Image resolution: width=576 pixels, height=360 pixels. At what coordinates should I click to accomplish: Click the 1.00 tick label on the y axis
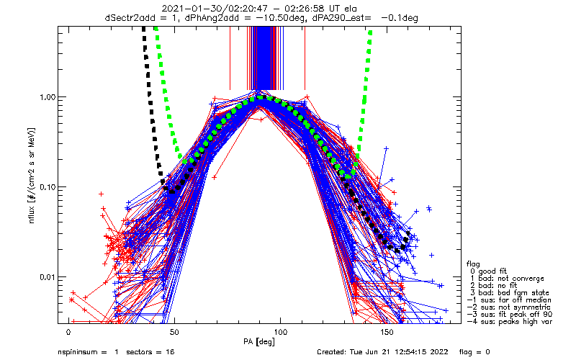pyautogui.click(x=48, y=97)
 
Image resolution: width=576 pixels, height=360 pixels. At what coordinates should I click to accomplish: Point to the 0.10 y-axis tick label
pyautogui.click(x=48, y=187)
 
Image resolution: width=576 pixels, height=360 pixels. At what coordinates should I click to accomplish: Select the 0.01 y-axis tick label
pyautogui.click(x=48, y=277)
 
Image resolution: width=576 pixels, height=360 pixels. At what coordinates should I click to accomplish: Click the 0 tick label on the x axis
pyautogui.click(x=68, y=332)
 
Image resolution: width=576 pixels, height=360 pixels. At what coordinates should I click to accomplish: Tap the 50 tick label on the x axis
pyautogui.click(x=174, y=332)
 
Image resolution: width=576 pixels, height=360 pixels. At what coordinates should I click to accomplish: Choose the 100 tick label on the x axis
pyautogui.click(x=280, y=332)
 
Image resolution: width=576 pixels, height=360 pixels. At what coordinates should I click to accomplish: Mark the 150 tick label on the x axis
pyautogui.click(x=387, y=332)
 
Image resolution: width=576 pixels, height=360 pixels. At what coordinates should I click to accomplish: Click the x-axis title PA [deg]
pyautogui.click(x=259, y=342)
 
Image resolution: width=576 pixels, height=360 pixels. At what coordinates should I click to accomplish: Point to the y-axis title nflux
pyautogui.click(x=32, y=214)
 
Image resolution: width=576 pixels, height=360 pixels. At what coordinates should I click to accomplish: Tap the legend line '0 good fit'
pyautogui.click(x=488, y=271)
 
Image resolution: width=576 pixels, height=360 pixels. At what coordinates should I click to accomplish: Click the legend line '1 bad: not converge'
pyautogui.click(x=506, y=279)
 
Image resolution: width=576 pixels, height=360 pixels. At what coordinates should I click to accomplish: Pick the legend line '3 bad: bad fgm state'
pyautogui.click(x=509, y=293)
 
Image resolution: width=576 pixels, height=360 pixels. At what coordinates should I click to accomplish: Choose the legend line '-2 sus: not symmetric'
pyautogui.click(x=509, y=307)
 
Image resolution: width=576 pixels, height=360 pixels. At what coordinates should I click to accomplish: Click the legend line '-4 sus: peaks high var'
pyautogui.click(x=509, y=321)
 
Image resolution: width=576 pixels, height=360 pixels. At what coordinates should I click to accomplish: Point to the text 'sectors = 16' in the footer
pyautogui.click(x=150, y=352)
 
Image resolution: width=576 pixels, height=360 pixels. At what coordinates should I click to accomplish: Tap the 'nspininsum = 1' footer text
pyautogui.click(x=88, y=352)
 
